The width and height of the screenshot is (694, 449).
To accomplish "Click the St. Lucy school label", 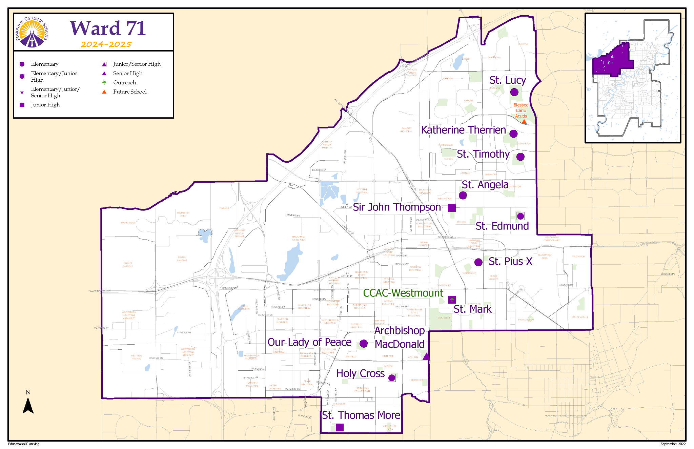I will tap(507, 80).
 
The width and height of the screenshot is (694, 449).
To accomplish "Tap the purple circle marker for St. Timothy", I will tap(520, 157).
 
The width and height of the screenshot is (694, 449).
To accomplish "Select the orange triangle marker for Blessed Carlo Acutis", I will tap(524, 121).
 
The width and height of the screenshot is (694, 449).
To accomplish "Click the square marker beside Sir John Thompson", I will tap(452, 208).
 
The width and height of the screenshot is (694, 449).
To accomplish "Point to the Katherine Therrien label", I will tap(463, 130).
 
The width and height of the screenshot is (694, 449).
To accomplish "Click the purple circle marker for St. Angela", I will tap(463, 195).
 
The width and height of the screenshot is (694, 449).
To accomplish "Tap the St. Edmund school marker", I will tap(520, 216).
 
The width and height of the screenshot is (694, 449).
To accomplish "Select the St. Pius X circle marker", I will tap(478, 262).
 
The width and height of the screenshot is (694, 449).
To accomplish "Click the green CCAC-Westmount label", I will tap(403, 293).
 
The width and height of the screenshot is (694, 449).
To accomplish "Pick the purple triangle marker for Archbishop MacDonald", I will tap(426, 356).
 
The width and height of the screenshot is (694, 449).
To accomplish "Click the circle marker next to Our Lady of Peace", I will tap(364, 344).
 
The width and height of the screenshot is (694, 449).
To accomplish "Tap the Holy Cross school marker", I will tap(392, 378).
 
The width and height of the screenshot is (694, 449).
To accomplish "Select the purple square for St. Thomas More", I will tap(340, 427).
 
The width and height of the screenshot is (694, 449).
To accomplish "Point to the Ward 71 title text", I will tap(108, 28).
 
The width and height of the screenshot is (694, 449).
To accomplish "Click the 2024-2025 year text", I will tap(106, 44).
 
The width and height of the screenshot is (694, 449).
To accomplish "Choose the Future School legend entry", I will tap(129, 92).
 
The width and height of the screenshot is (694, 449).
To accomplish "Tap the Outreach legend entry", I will tap(124, 83).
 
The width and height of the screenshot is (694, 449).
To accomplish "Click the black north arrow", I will tap(28, 405).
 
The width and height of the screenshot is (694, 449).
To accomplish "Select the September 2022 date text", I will tap(673, 444).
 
